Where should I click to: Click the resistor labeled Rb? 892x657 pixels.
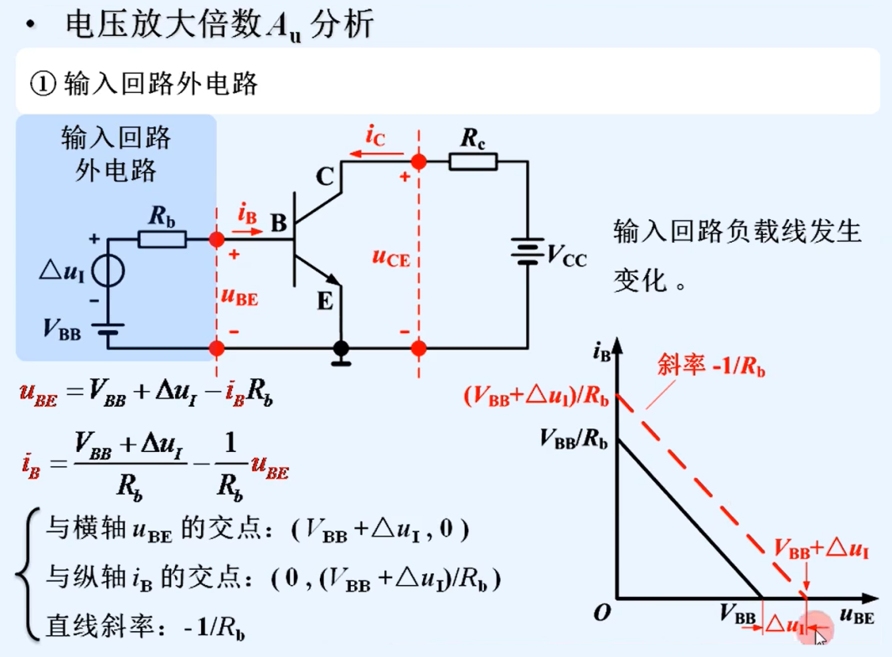tap(162, 239)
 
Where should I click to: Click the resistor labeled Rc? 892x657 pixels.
tap(473, 162)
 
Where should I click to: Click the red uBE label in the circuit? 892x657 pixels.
tap(239, 294)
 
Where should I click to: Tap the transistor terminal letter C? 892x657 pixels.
tap(324, 177)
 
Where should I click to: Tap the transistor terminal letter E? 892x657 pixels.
tap(325, 300)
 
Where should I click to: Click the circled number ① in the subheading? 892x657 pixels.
tap(42, 83)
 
